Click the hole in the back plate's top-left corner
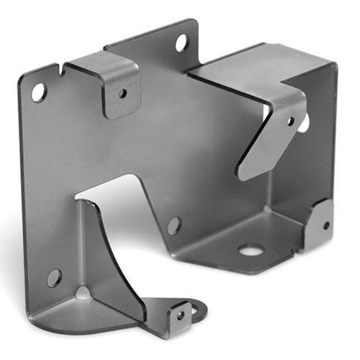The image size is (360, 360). [x=38, y=91]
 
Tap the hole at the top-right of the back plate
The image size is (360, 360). [x=181, y=42]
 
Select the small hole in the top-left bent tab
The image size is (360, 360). [x=122, y=93]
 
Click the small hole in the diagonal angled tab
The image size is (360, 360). [x=291, y=121]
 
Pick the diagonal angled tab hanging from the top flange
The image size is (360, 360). [x=270, y=133]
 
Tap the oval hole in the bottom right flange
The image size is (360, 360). [x=250, y=251]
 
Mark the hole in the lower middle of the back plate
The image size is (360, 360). [x=174, y=225]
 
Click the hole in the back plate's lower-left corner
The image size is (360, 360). [x=54, y=277]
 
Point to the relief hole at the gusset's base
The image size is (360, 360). [x=84, y=293]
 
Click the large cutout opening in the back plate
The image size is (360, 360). [x=115, y=191]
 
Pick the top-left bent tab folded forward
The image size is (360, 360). [x=115, y=79]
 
